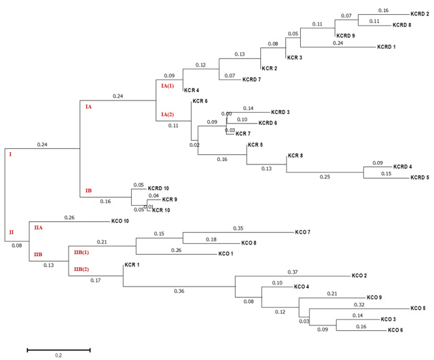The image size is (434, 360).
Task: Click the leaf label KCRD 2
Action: pyautogui.click(x=419, y=14)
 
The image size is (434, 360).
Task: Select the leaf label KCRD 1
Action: pyautogui.click(x=386, y=47)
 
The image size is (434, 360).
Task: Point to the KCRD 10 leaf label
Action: pyautogui.click(x=158, y=188)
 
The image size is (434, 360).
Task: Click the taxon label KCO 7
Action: pyautogui.click(x=302, y=232)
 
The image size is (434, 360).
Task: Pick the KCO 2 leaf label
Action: pyautogui.click(x=359, y=276)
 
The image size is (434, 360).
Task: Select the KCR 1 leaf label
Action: pyautogui.click(x=132, y=265)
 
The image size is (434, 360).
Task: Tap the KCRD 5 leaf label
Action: pyautogui.click(x=420, y=178)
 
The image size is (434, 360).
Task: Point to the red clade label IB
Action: pyautogui.click(x=88, y=191)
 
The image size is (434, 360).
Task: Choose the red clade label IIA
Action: pyautogui.click(x=38, y=228)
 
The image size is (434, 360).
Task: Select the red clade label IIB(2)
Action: pyautogui.click(x=82, y=270)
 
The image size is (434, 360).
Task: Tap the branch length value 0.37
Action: pyautogui.click(x=293, y=272)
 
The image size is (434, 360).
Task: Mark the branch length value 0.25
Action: pyautogui.click(x=325, y=177)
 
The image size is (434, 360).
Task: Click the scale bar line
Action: pyautogui.click(x=58, y=350)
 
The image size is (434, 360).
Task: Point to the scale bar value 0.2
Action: pyautogui.click(x=58, y=356)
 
